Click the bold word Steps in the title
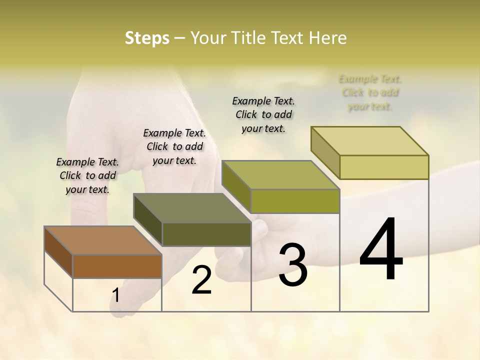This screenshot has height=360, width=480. pos(147,38)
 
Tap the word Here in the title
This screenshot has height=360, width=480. pos(327,38)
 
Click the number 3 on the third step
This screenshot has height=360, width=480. pos(292,265)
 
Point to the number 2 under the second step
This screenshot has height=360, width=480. pos(201,280)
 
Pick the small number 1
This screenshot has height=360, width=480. pos(116,295)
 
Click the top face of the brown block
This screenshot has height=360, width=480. pos(103,240)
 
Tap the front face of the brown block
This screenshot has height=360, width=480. pos(117,266)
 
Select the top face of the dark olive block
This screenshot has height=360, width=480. pos(192,208)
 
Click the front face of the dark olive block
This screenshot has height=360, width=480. pos(206,234)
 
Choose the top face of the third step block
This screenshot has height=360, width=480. pos(280,175)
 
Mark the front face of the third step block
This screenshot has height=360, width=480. pos(295,201)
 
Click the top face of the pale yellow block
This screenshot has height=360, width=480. pos(370,141)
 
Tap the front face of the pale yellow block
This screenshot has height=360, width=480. pos(384,167)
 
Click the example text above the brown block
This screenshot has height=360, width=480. pos(87,175)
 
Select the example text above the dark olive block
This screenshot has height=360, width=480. pos(174,146)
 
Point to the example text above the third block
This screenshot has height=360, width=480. pos(263,114)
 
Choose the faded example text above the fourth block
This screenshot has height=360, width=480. pos(370,92)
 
